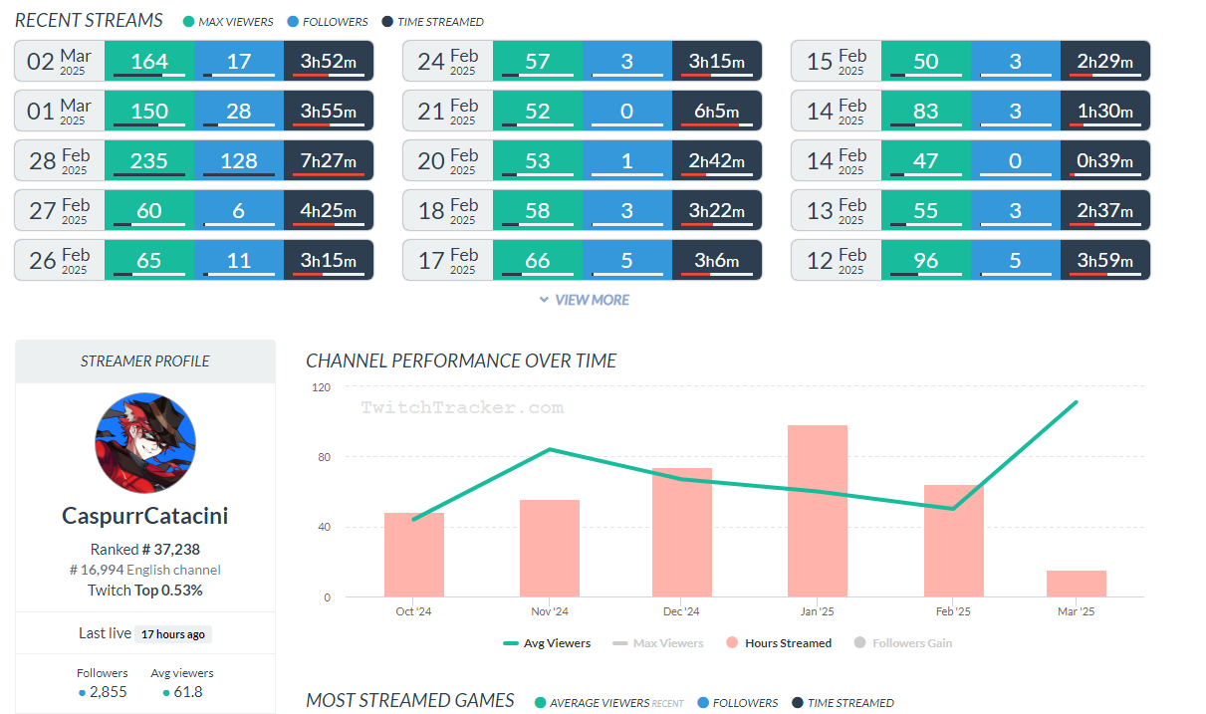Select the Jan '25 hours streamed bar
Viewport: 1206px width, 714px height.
pyautogui.click(x=817, y=511)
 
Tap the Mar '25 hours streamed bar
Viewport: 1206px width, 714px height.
pyautogui.click(x=1076, y=584)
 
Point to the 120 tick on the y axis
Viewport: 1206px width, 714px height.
pyautogui.click(x=321, y=386)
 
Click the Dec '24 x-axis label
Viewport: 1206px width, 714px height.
pyautogui.click(x=681, y=611)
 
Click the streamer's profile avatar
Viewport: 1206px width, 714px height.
pyautogui.click(x=145, y=442)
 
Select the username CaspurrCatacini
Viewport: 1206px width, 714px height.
pyautogui.click(x=145, y=516)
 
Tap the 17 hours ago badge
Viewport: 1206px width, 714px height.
pyautogui.click(x=174, y=634)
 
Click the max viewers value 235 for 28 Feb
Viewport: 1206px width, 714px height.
pyautogui.click(x=149, y=160)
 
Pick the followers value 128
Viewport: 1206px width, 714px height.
pyautogui.click(x=239, y=160)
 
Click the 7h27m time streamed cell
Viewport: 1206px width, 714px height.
pyautogui.click(x=329, y=160)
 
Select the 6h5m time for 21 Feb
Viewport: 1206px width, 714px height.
pyautogui.click(x=717, y=111)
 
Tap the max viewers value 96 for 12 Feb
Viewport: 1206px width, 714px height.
pyautogui.click(x=926, y=260)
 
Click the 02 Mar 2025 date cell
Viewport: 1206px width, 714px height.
pyautogui.click(x=60, y=61)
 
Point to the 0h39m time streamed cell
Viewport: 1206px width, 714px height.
pyautogui.click(x=1105, y=160)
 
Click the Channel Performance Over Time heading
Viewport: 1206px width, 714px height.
pyautogui.click(x=461, y=360)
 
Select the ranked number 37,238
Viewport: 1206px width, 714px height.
pyautogui.click(x=163, y=549)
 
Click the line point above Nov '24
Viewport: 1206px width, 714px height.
pyautogui.click(x=550, y=449)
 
